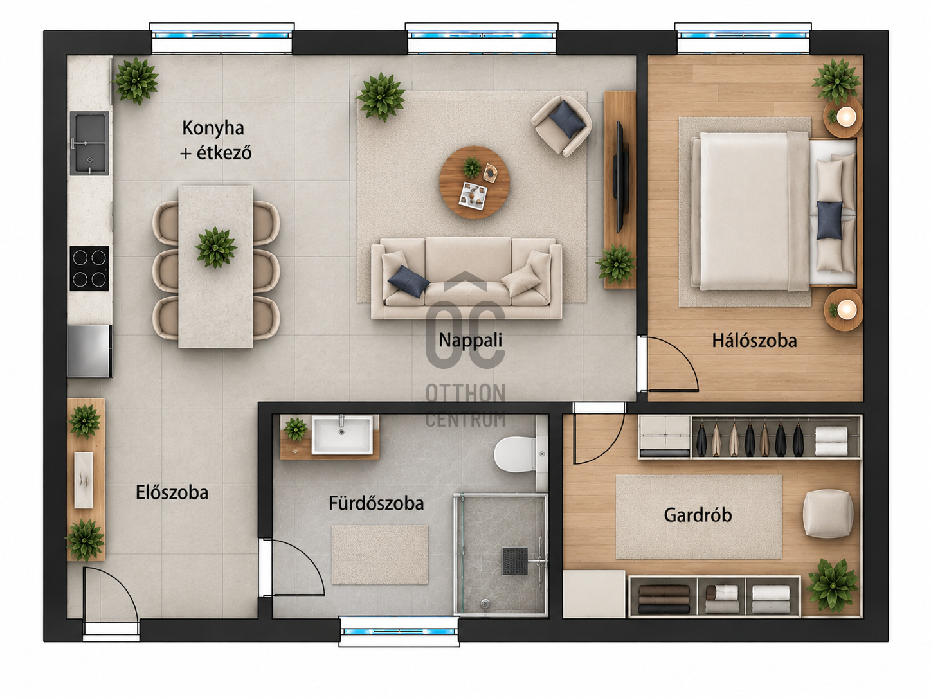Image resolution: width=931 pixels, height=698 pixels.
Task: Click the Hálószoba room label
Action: point(754,341)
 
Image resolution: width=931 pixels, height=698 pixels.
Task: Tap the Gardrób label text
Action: point(698,515)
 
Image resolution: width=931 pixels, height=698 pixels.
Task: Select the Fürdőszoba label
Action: point(376,503)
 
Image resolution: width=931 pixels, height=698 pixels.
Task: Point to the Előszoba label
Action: point(172,492)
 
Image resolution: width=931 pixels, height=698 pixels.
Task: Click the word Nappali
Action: point(471,340)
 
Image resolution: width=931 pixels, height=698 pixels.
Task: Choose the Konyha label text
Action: point(213,128)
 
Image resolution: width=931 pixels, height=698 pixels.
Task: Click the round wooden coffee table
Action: point(475,183)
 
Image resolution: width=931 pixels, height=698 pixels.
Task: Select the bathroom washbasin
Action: point(342,434)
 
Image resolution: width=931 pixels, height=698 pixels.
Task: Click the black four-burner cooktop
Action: point(89,268)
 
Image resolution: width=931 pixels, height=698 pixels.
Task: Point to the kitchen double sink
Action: point(89,143)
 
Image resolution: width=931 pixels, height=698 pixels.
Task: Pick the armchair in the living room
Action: point(561,125)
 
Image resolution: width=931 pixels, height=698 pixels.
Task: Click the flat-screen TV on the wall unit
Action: point(620,176)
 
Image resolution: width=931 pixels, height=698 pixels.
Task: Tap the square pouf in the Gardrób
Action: point(828,514)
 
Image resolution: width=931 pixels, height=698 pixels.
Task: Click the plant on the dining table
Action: point(216,247)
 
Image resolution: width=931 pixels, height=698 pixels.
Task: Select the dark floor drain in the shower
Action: point(515,561)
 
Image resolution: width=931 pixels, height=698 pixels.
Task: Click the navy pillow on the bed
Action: point(829,220)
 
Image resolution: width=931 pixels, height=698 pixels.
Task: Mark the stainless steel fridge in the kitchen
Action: point(89,351)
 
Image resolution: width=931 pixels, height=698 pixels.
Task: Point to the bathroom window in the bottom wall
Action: point(399,631)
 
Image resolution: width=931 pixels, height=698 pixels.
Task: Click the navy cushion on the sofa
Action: point(409,282)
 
